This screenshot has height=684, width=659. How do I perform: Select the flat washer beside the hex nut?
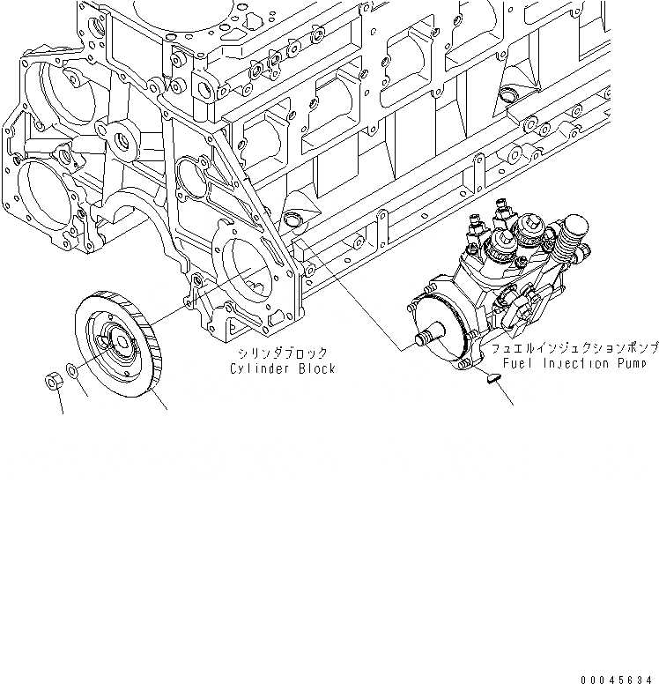coord(77,378)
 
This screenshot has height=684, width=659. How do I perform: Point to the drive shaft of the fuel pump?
coord(428,338)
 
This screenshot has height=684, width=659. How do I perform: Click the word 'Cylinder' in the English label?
coord(258,368)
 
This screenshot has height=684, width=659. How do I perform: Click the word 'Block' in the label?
coord(315,368)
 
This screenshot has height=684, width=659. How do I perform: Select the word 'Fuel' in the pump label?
coord(518,363)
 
